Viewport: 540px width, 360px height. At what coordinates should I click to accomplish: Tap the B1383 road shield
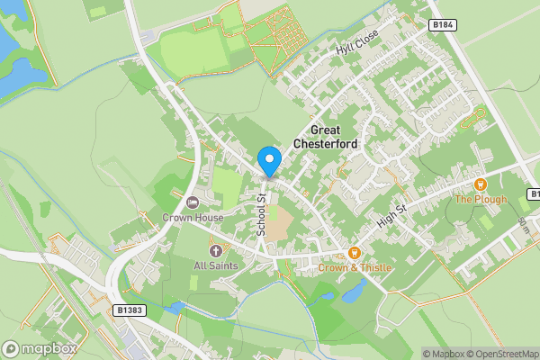point(131,309)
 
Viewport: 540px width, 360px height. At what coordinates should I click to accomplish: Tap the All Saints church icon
point(215,249)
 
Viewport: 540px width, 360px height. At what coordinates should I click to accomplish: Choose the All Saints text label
point(215,265)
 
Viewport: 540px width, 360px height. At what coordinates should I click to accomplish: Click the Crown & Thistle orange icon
point(355,253)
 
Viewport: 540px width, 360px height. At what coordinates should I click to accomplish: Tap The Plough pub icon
point(481,183)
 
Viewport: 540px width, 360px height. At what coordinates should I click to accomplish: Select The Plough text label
point(480,199)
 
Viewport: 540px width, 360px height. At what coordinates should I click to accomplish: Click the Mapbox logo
point(40,348)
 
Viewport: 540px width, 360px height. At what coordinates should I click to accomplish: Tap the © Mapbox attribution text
point(443,353)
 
